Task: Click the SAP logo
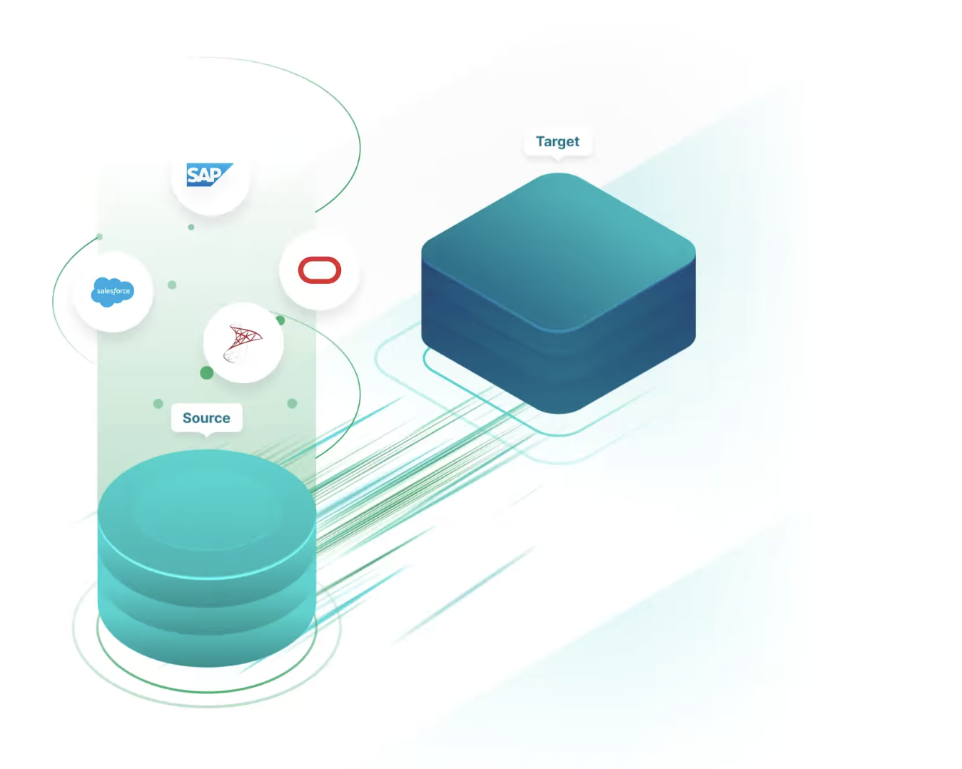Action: click(x=208, y=175)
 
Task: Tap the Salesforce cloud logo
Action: click(x=113, y=291)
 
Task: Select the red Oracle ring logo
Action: click(x=320, y=270)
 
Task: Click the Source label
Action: click(x=206, y=418)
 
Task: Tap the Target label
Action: click(x=557, y=141)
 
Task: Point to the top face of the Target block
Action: click(x=558, y=250)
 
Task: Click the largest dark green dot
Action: click(x=207, y=372)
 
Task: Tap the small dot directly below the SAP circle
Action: click(x=191, y=227)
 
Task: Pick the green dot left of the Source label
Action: click(x=158, y=404)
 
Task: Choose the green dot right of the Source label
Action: click(x=292, y=404)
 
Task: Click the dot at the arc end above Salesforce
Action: click(x=99, y=237)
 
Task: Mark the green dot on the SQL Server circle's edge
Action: click(x=280, y=320)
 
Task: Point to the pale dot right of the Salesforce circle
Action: click(x=172, y=285)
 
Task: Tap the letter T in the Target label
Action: click(x=540, y=141)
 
